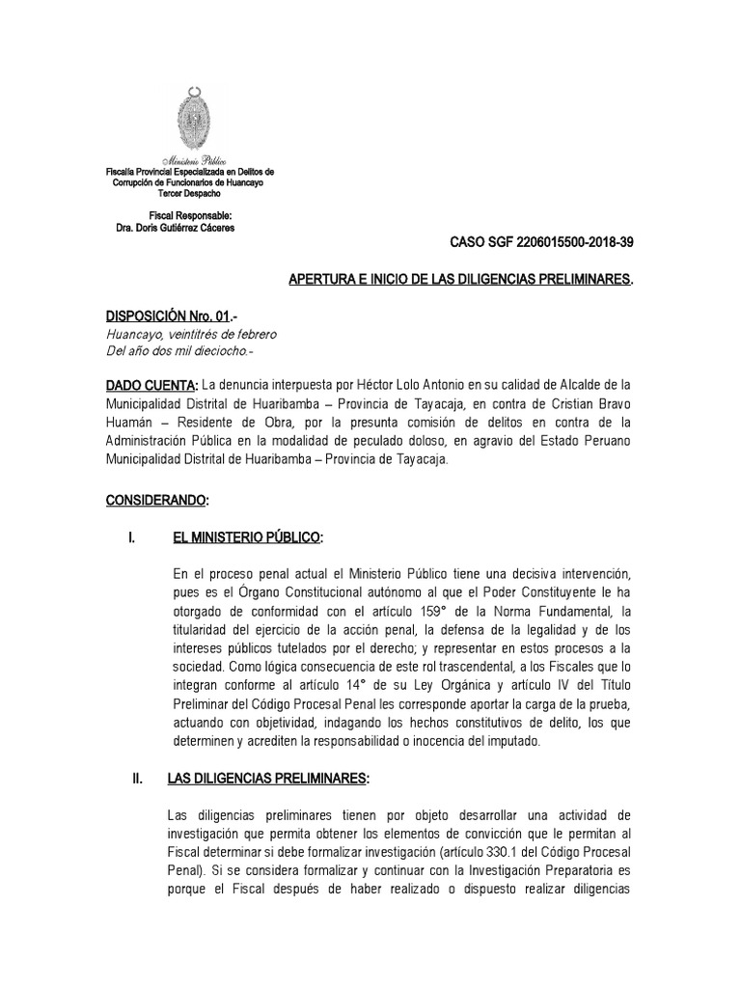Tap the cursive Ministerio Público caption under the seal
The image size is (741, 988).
coord(190,161)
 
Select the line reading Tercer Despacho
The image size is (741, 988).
coord(189,193)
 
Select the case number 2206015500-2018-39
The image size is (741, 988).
coord(575,243)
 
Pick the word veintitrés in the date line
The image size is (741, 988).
coord(193,334)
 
